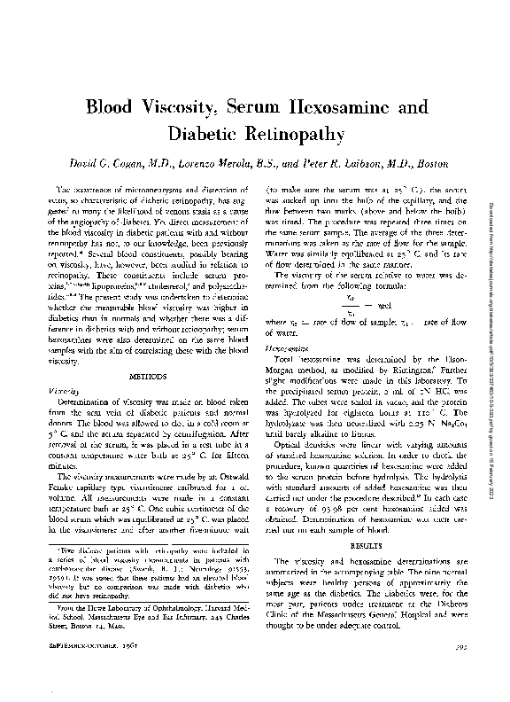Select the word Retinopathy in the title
[x=288, y=134]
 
